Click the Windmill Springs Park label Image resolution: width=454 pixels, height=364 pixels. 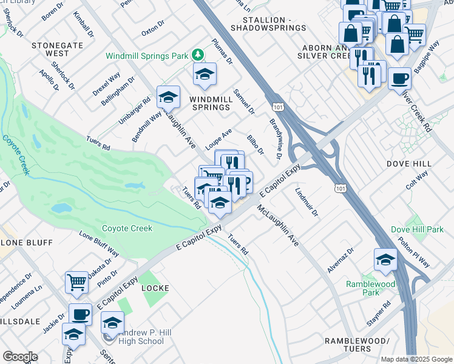click(146, 56)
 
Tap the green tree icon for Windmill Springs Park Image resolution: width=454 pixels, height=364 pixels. click(197, 55)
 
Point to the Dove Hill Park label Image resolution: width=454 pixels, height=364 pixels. click(417, 229)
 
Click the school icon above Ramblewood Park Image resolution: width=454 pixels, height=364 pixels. click(385, 259)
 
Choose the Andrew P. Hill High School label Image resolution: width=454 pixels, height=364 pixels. click(137, 337)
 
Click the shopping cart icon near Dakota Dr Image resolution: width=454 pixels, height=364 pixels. click(76, 281)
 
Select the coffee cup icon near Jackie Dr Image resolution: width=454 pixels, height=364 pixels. click(80, 314)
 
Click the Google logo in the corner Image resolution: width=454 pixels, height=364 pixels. click(19, 357)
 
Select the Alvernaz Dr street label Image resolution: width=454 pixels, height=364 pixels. click(341, 261)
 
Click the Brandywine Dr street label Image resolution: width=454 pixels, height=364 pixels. click(275, 139)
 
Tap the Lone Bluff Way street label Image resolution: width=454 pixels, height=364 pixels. click(100, 244)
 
